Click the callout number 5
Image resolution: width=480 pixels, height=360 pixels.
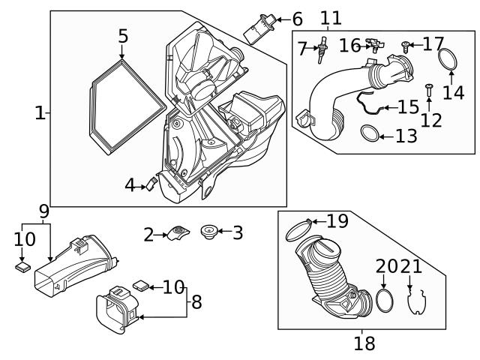click(x=123, y=36)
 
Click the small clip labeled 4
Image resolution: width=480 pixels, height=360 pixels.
click(x=151, y=184)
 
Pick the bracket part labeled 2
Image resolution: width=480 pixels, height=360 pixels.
click(x=179, y=233)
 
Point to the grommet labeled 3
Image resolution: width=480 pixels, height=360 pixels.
click(x=209, y=232)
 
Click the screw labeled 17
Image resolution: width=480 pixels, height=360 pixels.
click(x=406, y=46)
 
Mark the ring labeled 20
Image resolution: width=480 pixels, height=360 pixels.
click(x=376, y=301)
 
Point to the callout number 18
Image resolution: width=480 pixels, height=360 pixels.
click(x=364, y=343)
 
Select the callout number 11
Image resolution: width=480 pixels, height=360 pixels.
click(x=331, y=18)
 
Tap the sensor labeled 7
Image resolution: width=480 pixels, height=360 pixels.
click(x=321, y=49)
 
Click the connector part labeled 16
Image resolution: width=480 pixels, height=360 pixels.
click(x=374, y=45)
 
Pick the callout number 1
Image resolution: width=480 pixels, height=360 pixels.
click(x=40, y=113)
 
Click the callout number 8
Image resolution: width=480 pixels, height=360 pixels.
click(x=196, y=301)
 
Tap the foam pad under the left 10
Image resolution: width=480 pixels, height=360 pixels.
click(x=23, y=267)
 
